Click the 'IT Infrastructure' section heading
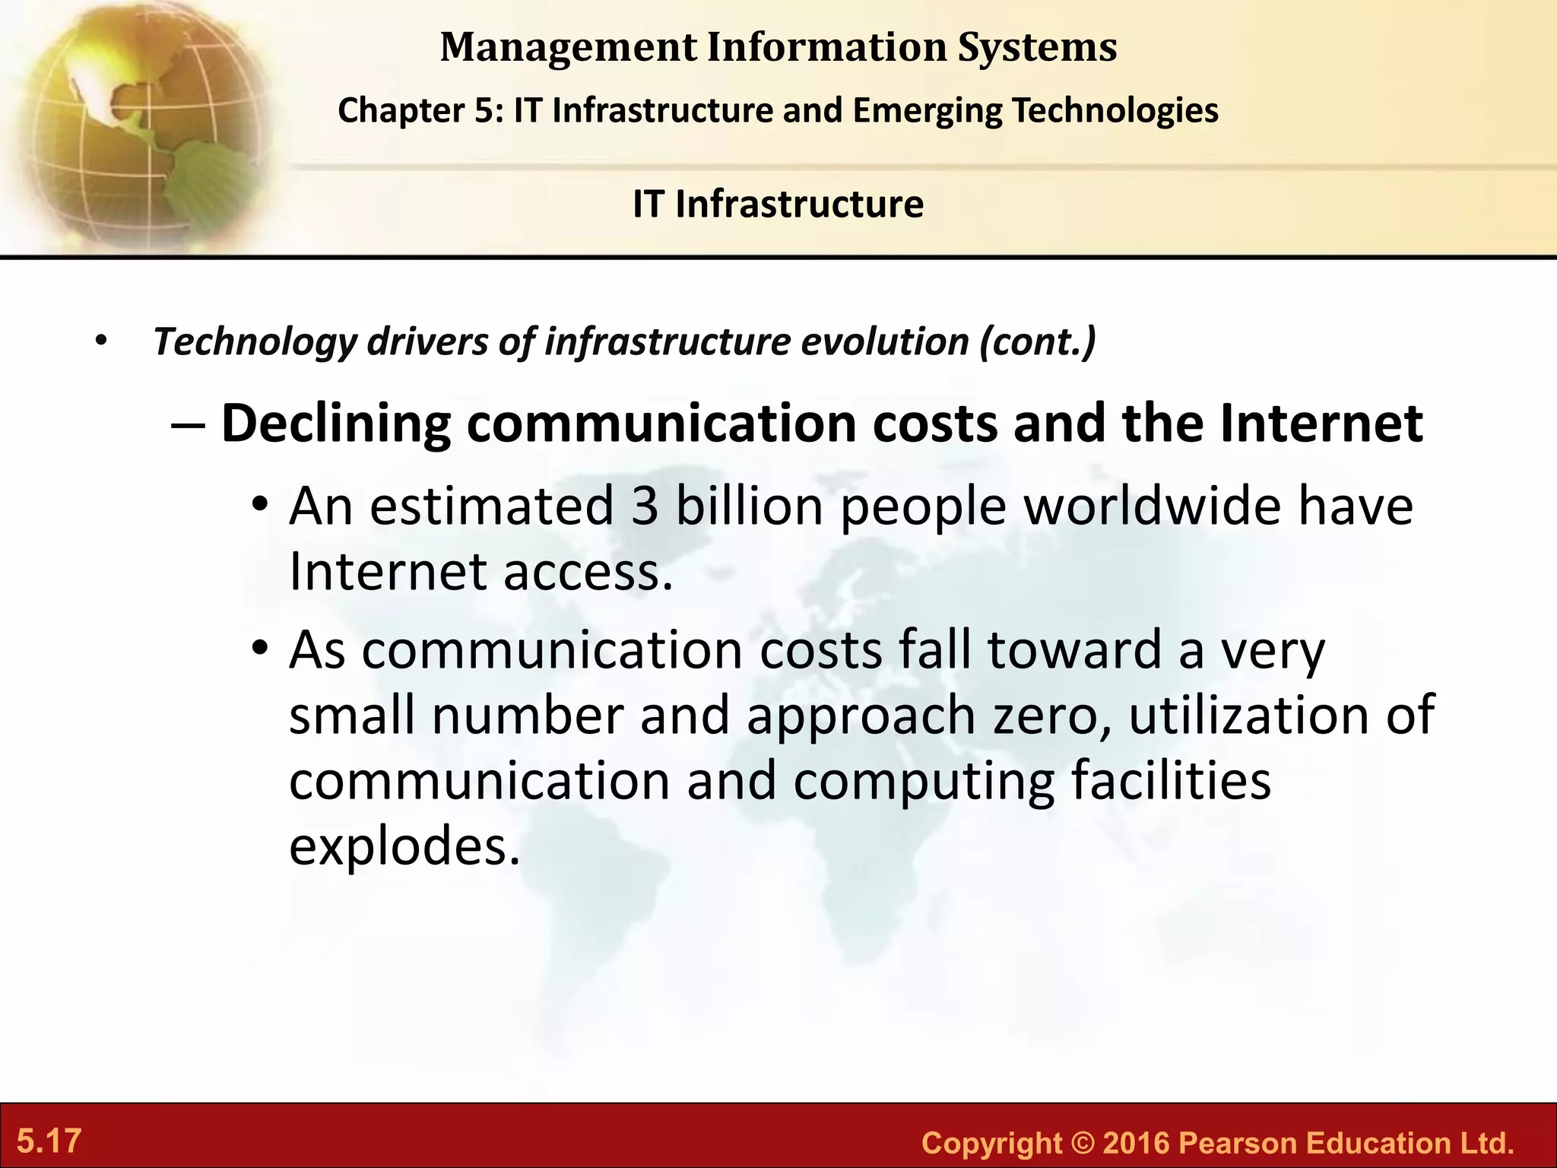click(x=778, y=204)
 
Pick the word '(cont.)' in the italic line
click(x=1038, y=341)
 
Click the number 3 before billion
click(x=644, y=506)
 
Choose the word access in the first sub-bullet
click(x=588, y=572)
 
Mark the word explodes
click(x=404, y=846)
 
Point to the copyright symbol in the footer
click(x=1082, y=1143)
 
